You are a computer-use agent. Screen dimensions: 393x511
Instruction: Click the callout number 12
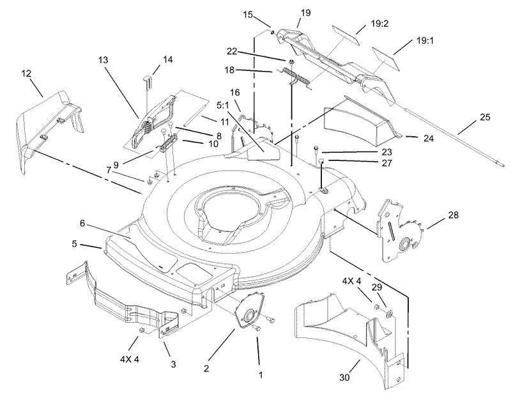point(26,74)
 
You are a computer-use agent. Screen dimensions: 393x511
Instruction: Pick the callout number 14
point(167,59)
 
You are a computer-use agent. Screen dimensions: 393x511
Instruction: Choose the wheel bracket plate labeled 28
point(399,230)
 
